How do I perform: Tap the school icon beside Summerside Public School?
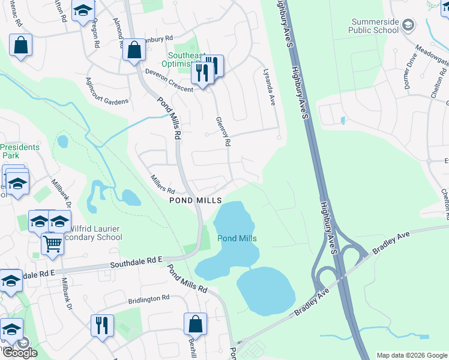point(408,24)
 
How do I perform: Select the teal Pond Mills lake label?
point(237,238)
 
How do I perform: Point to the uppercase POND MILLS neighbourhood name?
point(196,200)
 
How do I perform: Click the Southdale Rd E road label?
point(136,262)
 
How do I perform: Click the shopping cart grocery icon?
point(53,244)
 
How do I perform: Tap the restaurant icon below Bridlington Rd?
point(102,325)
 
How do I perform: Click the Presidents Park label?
point(20,151)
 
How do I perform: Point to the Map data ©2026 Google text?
point(411,355)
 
